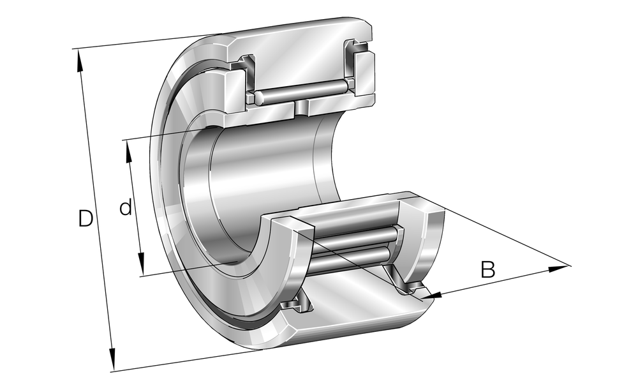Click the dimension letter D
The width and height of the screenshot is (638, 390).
click(86, 218)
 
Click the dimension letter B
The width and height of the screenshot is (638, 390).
click(488, 270)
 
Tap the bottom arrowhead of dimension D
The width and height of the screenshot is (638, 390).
click(112, 359)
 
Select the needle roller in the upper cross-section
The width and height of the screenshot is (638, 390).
click(301, 93)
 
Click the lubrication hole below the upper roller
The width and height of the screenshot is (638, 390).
click(301, 109)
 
